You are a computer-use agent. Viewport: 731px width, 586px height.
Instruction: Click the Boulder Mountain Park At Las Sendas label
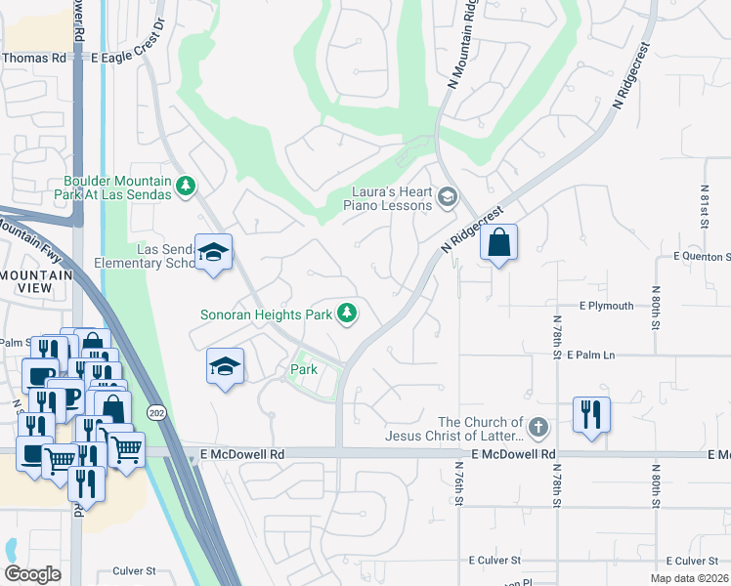(x=117, y=188)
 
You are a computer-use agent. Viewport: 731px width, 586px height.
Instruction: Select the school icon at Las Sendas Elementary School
(x=213, y=253)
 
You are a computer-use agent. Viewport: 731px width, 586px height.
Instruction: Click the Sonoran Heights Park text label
(x=266, y=314)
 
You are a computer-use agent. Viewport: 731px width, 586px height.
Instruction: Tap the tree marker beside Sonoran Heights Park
(x=345, y=314)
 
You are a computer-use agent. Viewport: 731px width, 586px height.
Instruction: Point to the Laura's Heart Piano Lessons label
(x=387, y=198)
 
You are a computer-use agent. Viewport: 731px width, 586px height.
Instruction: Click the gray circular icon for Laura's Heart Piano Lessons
(x=448, y=198)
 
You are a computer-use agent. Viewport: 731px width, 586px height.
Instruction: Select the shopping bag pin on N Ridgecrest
(x=498, y=243)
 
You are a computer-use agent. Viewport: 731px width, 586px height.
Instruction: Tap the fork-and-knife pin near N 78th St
(x=591, y=414)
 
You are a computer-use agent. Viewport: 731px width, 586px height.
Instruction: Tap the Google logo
(x=33, y=573)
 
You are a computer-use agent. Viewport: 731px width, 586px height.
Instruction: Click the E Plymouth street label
(x=606, y=306)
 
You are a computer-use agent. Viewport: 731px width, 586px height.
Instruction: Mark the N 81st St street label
(x=704, y=206)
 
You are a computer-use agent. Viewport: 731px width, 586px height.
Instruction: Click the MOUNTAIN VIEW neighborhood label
(x=36, y=282)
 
